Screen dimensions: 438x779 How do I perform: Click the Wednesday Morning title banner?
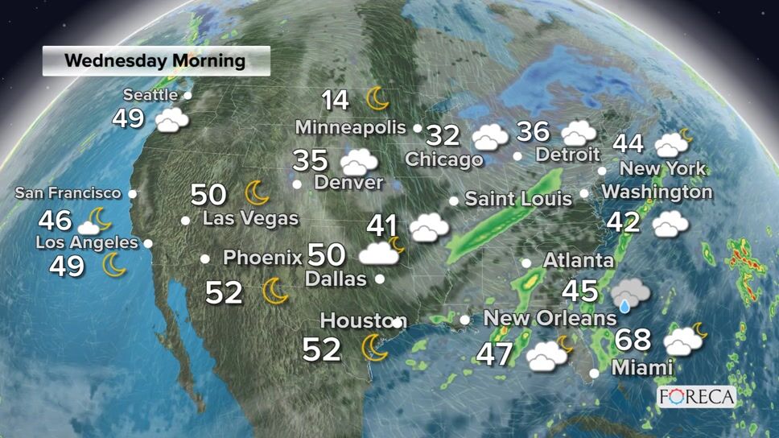tap(155, 60)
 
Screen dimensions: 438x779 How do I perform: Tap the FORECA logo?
tap(696, 396)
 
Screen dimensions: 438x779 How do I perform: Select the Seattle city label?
tap(150, 95)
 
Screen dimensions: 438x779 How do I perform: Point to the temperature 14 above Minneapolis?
tap(336, 101)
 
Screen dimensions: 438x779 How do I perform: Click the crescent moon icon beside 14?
tap(377, 98)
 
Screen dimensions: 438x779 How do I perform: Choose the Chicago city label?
tap(443, 159)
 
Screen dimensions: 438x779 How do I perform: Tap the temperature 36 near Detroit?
tap(533, 130)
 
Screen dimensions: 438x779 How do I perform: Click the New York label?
tap(662, 169)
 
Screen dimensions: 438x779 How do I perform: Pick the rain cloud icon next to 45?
tap(629, 295)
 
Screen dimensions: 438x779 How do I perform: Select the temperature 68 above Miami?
tap(633, 339)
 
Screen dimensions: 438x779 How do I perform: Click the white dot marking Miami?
tap(594, 373)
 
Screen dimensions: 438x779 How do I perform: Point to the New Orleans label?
tap(550, 318)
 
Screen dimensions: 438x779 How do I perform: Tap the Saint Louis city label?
tap(518, 198)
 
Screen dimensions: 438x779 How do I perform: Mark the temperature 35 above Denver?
tap(310, 160)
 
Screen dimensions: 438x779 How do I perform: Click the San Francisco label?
tap(68, 193)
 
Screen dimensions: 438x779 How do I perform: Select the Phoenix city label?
tap(262, 258)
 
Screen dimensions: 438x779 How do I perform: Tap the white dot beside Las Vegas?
tap(186, 220)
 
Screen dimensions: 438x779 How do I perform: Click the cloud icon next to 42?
tap(670, 224)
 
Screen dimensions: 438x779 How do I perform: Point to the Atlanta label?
tap(578, 261)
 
